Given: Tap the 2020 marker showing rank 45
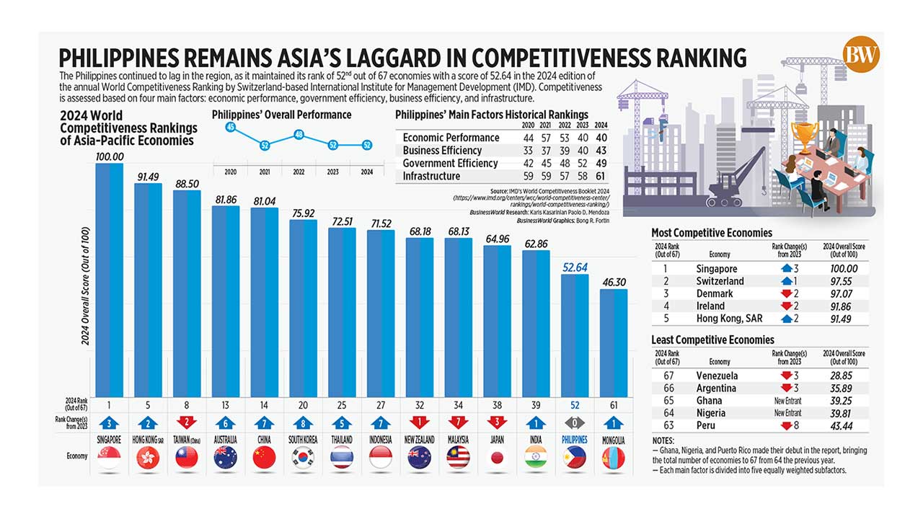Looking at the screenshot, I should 231,127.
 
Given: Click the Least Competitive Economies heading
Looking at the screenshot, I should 712,340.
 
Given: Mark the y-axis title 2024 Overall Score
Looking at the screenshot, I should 85,285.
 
